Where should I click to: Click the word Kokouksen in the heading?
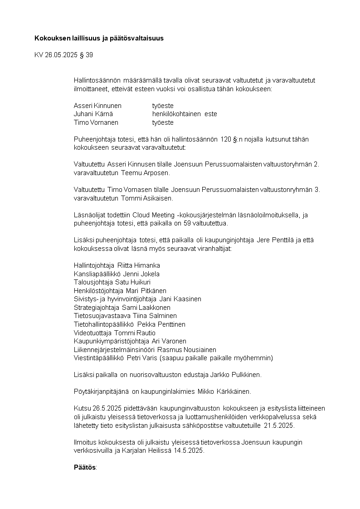(50, 38)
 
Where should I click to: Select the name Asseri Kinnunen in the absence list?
(97, 106)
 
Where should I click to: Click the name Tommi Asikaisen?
(147, 198)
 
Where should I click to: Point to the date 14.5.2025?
(189, 450)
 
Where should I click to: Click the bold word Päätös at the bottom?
(85, 467)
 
